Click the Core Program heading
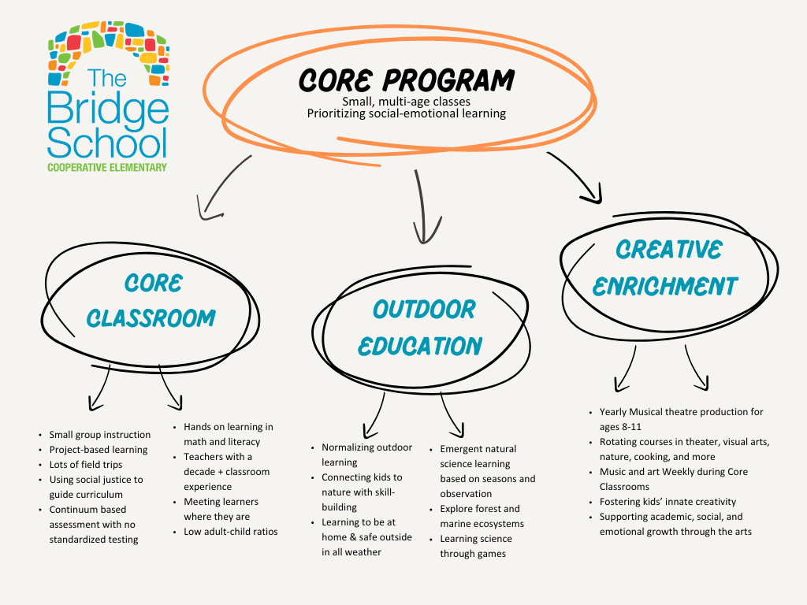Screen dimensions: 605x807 click(406, 80)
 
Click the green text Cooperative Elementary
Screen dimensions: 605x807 click(107, 167)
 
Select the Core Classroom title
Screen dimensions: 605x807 click(151, 300)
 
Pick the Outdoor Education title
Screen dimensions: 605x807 click(423, 327)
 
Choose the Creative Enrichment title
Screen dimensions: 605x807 click(665, 267)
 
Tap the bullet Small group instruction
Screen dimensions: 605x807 click(99, 435)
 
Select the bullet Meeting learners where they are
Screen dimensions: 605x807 click(221, 509)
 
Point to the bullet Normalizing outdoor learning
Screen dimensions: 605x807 click(366, 455)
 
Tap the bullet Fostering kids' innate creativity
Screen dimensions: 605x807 click(668, 502)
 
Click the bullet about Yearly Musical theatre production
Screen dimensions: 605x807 click(681, 419)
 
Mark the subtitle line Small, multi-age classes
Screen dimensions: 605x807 click(406, 102)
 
